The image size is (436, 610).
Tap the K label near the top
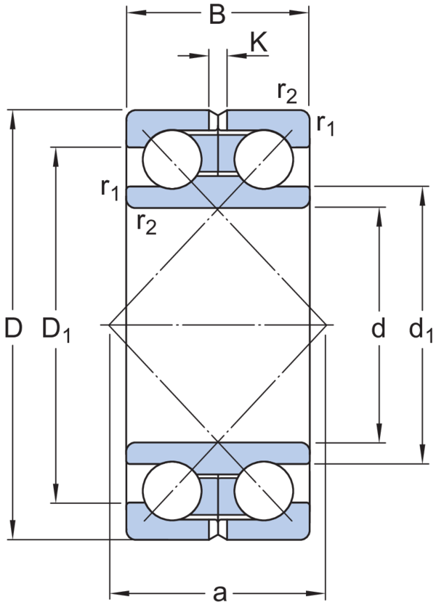coord(259,44)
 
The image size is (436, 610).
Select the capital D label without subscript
coord(14,330)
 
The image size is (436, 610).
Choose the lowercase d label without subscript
coord(378,330)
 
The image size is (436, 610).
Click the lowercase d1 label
coord(419,332)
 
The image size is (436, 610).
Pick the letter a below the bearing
coord(219,593)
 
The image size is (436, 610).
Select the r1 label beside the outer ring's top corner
coord(325,124)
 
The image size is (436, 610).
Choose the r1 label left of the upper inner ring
coord(110,189)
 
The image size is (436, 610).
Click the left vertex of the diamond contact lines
coord(108,325)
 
